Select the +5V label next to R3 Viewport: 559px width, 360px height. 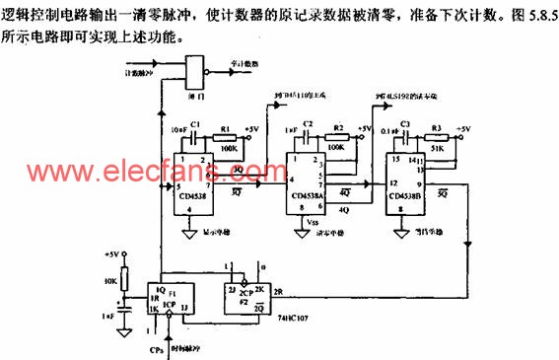tap(464, 128)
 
